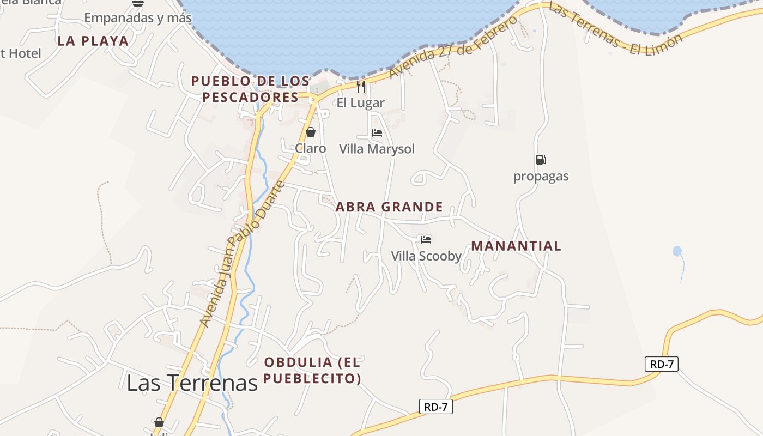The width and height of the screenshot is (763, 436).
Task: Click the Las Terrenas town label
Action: (x=192, y=383)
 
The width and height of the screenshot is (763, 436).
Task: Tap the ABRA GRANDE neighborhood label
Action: (x=389, y=207)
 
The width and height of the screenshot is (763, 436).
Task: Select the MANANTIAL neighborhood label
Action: (x=516, y=246)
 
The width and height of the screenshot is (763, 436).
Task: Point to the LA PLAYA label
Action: (x=93, y=41)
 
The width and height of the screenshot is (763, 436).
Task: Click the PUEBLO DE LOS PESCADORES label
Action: (x=251, y=89)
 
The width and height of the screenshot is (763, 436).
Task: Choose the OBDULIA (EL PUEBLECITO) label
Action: (x=312, y=370)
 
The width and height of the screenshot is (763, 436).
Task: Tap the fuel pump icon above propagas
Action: (x=541, y=160)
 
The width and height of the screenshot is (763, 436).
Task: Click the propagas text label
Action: (x=541, y=176)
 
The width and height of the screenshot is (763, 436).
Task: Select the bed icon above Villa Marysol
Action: (x=377, y=132)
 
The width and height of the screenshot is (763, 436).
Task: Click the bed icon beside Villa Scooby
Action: (x=426, y=239)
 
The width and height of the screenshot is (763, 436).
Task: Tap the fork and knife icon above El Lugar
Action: (x=360, y=86)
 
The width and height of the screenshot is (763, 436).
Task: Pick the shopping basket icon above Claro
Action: (x=311, y=132)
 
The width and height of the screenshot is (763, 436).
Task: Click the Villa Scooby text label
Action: (x=426, y=256)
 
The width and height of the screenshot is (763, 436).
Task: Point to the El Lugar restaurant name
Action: (x=360, y=102)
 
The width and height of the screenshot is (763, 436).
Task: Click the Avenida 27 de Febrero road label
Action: (x=453, y=47)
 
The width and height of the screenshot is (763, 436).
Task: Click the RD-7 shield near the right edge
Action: (x=662, y=364)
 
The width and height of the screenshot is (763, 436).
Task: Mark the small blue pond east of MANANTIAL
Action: (x=677, y=251)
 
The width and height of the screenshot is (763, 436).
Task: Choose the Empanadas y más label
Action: (x=138, y=18)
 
